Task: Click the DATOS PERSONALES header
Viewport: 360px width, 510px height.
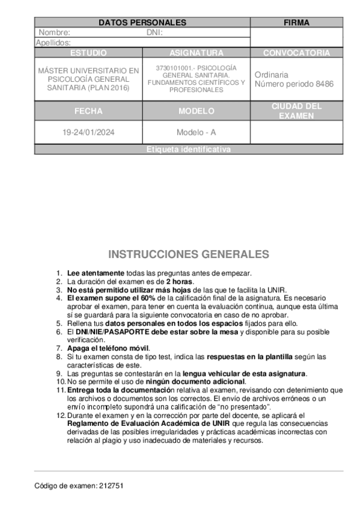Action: pos(142,23)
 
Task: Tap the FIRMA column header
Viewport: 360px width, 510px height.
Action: pos(296,23)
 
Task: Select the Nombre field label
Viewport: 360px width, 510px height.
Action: pos(54,33)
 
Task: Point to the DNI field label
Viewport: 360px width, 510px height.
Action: pos(154,33)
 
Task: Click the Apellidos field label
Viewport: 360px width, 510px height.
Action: pos(53,43)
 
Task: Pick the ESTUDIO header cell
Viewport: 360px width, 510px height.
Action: pos(88,53)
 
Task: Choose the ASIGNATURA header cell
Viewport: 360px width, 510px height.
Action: pos(196,53)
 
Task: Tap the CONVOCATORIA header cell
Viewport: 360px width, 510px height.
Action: pos(296,53)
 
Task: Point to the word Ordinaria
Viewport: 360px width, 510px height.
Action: pos(271,75)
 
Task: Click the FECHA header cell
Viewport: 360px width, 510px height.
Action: pos(88,111)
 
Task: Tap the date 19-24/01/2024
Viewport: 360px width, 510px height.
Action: pos(88,132)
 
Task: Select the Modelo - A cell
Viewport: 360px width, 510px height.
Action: pos(196,132)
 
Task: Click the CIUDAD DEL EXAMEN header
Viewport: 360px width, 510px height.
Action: pos(296,111)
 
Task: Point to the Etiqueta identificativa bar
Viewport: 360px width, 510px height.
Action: pos(188,150)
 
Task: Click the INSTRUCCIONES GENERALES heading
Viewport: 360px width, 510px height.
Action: pos(188,254)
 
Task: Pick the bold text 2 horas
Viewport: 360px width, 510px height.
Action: pos(179,281)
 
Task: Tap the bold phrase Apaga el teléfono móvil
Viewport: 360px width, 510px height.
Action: pos(108,348)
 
